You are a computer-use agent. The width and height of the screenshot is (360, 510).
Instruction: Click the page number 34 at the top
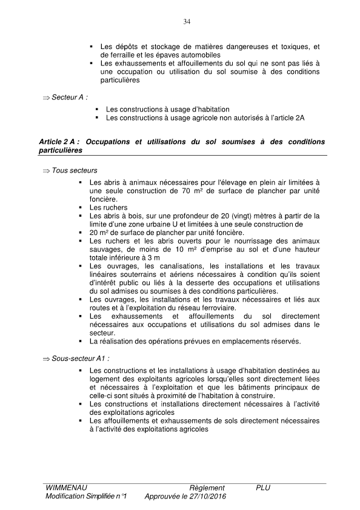tap(187, 22)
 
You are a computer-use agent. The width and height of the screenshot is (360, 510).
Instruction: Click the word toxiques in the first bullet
tap(293, 47)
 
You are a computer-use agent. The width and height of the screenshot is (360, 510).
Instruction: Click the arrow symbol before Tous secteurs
tap(47, 171)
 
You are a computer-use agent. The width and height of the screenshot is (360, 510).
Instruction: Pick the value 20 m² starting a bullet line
tap(98, 233)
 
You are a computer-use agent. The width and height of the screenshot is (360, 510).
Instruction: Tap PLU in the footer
tap(262, 488)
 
